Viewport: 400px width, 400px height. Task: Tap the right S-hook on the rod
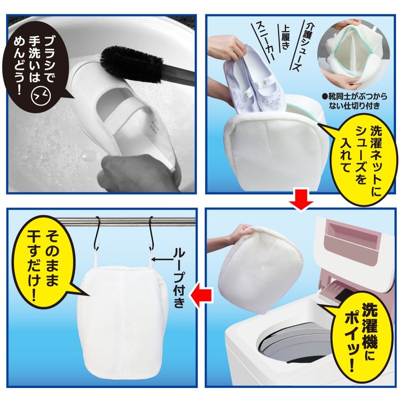coord(151,233)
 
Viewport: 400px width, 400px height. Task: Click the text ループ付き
coord(179,278)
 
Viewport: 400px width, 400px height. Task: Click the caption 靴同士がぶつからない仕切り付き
coord(354,100)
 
